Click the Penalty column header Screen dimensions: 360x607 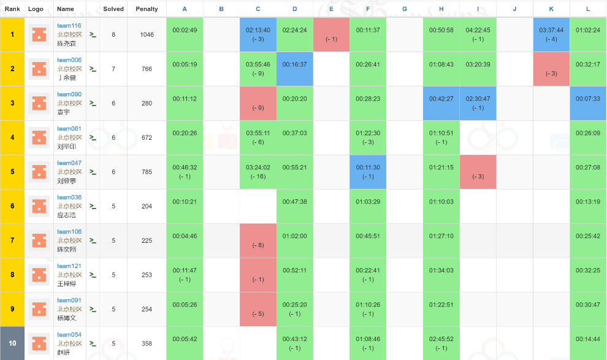pos(147,9)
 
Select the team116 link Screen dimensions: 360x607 pos(69,26)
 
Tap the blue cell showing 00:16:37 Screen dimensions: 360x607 pos(294,64)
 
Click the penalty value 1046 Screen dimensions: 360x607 pos(147,35)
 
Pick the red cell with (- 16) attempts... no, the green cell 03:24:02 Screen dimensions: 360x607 pos(258,167)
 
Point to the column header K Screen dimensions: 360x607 pos(551,9)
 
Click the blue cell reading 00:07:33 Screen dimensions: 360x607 pos(588,99)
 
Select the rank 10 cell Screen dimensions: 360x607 pos(12,343)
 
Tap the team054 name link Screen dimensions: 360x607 pos(69,334)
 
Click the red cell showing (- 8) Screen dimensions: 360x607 pos(258,240)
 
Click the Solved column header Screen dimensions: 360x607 pos(113,9)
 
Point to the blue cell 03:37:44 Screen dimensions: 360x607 pos(551,34)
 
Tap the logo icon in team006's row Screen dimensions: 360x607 pos(39,69)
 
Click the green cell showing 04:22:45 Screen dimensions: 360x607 pos(478,34)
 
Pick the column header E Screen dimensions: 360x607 pos(331,9)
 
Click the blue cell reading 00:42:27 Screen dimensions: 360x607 pos(441,99)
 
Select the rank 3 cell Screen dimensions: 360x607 pos(12,104)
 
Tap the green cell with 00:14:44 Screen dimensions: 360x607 pos(588,339)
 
